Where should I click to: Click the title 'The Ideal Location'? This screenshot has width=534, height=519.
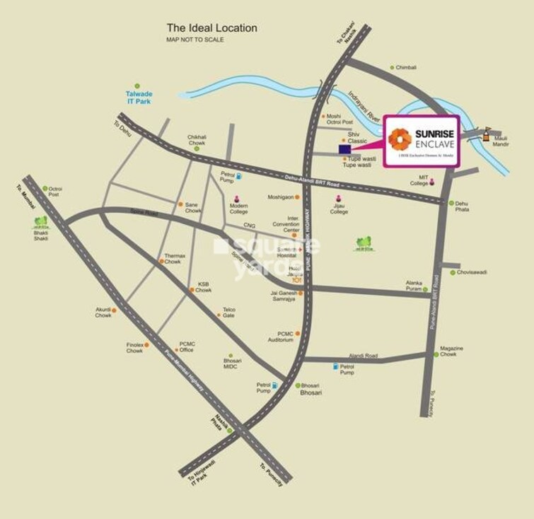click(211, 28)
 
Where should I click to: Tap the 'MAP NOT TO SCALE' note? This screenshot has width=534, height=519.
click(195, 40)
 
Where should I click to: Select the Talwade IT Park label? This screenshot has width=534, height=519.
click(139, 98)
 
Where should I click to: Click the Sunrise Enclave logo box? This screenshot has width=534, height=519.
click(422, 141)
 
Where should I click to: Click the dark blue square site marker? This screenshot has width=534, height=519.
click(344, 149)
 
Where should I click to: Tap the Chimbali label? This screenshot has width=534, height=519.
click(407, 68)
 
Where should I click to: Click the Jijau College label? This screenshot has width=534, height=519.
click(339, 209)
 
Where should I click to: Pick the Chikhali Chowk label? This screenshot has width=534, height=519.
click(197, 140)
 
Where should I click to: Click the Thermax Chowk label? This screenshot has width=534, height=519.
click(175, 258)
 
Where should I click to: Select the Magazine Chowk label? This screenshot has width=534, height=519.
click(451, 351)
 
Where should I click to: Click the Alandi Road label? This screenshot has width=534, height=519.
click(363, 356)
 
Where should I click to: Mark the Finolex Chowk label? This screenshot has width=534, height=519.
click(135, 348)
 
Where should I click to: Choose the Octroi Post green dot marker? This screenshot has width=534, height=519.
click(44, 188)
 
